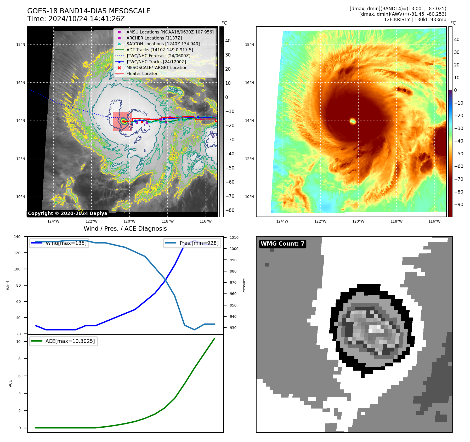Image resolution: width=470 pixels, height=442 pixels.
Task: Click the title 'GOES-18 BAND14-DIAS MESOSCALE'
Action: (x=89, y=11)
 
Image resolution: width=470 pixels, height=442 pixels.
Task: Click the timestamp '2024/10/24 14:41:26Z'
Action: (x=87, y=19)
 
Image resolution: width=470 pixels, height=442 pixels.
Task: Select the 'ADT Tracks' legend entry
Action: (x=160, y=50)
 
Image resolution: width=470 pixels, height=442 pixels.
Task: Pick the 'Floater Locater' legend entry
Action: (x=142, y=74)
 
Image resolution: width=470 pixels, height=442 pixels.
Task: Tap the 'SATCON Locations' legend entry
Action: (x=163, y=44)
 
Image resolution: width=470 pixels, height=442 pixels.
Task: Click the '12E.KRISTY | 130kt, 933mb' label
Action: (x=415, y=20)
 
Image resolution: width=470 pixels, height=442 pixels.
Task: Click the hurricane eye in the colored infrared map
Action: (x=353, y=121)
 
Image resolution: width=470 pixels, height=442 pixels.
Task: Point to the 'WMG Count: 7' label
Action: (x=282, y=244)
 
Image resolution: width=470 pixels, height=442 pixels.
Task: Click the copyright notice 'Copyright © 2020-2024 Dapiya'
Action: (x=67, y=213)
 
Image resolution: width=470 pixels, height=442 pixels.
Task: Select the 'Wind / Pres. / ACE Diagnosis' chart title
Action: (x=125, y=229)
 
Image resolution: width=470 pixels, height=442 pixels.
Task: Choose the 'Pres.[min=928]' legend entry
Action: (x=199, y=243)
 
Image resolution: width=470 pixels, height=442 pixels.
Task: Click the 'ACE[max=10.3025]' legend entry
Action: (x=70, y=341)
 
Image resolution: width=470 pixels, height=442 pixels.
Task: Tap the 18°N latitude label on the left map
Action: (x=21, y=45)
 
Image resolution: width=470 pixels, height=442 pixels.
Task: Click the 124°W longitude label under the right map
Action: (x=282, y=221)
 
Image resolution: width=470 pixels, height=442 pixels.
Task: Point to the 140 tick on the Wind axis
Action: (x=17, y=237)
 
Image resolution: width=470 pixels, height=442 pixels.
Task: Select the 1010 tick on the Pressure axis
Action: (x=234, y=237)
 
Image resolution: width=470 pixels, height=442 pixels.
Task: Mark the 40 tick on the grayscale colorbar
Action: (x=228, y=41)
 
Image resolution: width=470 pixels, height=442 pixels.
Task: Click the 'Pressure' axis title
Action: (x=244, y=286)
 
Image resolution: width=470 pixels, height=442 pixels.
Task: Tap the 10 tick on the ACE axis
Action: (x=19, y=342)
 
